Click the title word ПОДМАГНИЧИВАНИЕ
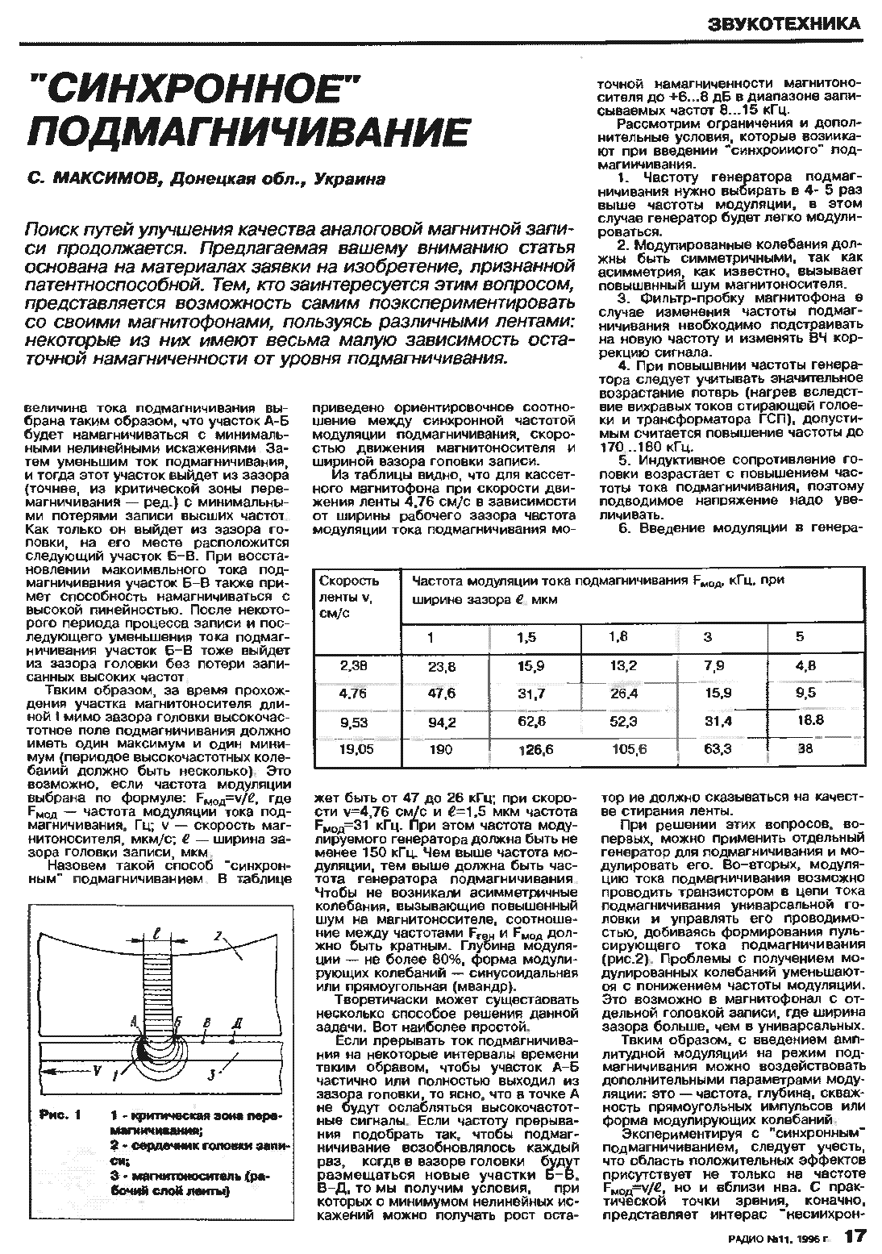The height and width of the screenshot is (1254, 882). [x=248, y=131]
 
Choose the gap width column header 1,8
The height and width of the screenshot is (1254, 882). [x=618, y=637]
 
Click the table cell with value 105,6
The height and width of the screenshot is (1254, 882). [x=630, y=749]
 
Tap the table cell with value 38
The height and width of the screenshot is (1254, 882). [x=805, y=748]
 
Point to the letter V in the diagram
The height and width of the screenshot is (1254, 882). [x=96, y=1070]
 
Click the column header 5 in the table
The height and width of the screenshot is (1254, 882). [x=800, y=637]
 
